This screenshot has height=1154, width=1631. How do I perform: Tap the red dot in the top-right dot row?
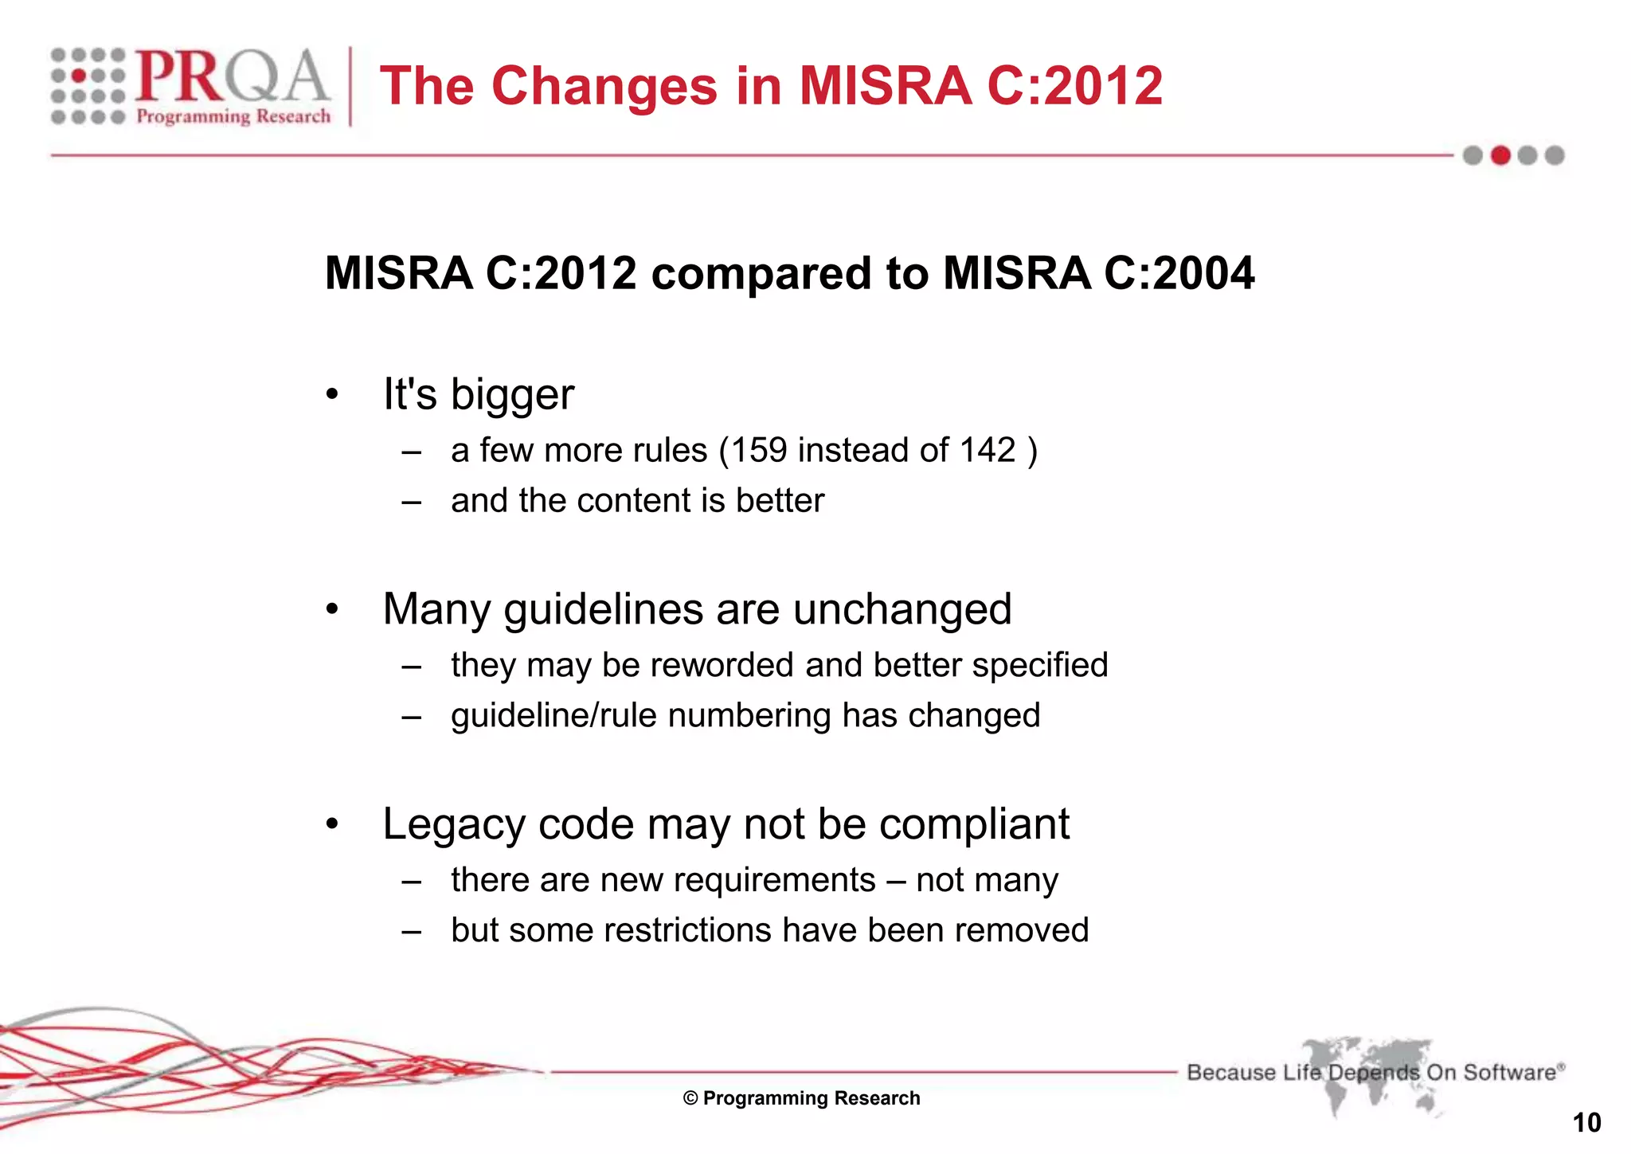pyautogui.click(x=1500, y=155)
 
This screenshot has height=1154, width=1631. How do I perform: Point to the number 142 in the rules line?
pyautogui.click(x=988, y=451)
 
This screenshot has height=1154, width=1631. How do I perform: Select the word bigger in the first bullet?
pyautogui.click(x=512, y=396)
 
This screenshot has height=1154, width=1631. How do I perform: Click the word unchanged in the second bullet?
pyautogui.click(x=902, y=609)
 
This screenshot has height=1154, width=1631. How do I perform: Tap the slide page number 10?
pyautogui.click(x=1586, y=1123)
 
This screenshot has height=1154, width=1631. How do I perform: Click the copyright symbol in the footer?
pyautogui.click(x=690, y=1099)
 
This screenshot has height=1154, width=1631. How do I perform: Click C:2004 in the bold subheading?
pyautogui.click(x=1179, y=273)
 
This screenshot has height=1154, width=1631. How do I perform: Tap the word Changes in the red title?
pyautogui.click(x=604, y=86)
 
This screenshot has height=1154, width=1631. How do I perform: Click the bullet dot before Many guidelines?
pyautogui.click(x=332, y=610)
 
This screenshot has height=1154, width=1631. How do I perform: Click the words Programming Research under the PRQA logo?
pyautogui.click(x=233, y=117)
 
